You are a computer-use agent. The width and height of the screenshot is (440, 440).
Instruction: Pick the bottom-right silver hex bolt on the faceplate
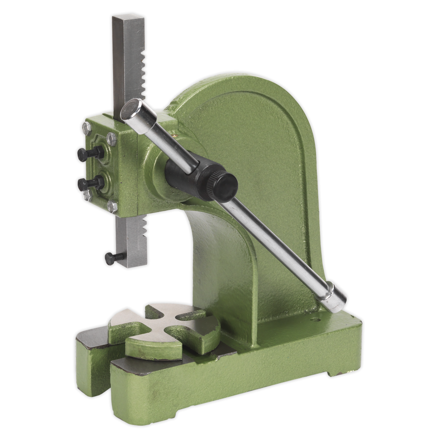tap(113, 206)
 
